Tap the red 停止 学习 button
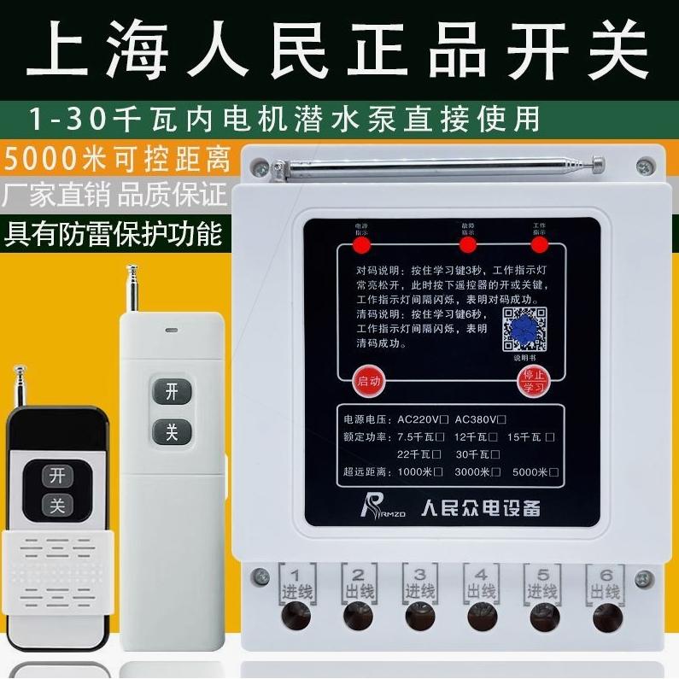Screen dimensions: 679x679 [534, 381]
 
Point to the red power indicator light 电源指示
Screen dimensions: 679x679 [361, 246]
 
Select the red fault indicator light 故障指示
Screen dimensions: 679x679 [467, 246]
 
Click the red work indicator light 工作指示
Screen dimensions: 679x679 [538, 246]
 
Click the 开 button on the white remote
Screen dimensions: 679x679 [172, 391]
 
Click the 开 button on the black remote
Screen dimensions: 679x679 [58, 474]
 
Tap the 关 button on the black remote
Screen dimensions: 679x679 [58, 506]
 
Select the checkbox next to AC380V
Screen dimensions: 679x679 [501, 419]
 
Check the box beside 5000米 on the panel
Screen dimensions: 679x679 [553, 471]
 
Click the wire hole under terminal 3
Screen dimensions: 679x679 [419, 615]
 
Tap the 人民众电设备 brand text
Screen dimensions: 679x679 [481, 507]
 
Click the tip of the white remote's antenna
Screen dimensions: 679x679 [132, 270]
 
